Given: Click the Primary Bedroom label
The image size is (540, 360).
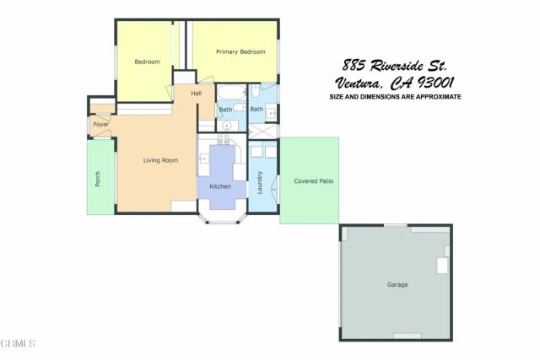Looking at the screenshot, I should pyautogui.click(x=234, y=52).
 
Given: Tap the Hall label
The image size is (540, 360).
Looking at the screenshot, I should pyautogui.click(x=196, y=93).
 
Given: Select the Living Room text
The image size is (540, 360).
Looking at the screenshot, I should pyautogui.click(x=159, y=160).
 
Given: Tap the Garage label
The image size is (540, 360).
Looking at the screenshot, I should pyautogui.click(x=397, y=284).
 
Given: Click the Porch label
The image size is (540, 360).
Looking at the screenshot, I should pyautogui.click(x=98, y=179).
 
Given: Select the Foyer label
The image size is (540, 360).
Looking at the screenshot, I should pyautogui.click(x=100, y=125).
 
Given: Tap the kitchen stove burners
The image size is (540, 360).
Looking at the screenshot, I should pyautogui.click(x=224, y=141).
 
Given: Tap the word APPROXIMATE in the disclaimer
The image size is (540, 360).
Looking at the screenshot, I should pyautogui.click(x=432, y=97).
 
